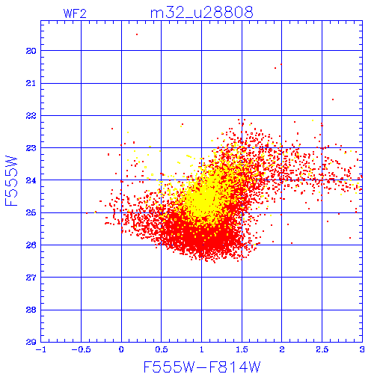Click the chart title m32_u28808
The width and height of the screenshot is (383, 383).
(202, 13)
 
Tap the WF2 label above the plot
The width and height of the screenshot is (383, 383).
(75, 13)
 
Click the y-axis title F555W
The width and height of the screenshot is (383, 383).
(11, 181)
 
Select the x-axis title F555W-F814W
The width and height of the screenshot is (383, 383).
(202, 367)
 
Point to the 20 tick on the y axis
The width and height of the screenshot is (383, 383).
(31, 51)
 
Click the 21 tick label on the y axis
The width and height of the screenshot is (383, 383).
(31, 83)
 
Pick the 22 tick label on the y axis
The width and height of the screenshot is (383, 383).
(31, 116)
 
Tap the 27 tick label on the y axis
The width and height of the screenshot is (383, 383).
(31, 278)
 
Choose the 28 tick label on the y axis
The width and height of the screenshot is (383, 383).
(31, 310)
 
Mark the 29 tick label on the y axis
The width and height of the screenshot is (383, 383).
(31, 342)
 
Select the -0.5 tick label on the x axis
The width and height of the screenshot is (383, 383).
(81, 349)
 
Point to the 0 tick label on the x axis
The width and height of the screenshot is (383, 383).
(121, 349)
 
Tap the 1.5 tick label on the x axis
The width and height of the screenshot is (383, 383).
(242, 349)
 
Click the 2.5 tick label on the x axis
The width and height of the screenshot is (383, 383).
(322, 349)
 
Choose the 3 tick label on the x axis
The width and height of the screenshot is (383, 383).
(362, 349)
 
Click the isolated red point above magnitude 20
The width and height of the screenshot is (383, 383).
(137, 34)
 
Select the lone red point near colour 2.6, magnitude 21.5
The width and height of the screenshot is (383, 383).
(333, 99)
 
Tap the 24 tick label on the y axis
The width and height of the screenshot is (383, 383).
(31, 180)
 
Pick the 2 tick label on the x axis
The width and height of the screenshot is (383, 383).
(282, 349)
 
